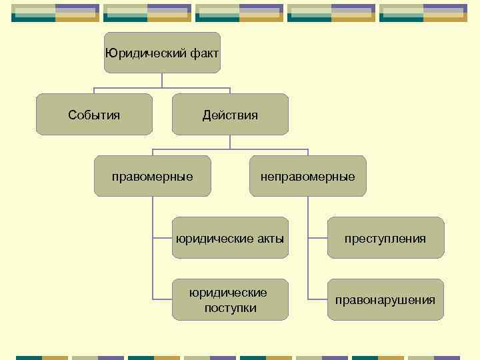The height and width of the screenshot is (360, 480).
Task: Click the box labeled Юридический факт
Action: [162, 53]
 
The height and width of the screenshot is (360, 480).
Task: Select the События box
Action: [94, 115]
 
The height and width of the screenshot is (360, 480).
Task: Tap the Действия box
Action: [230, 115]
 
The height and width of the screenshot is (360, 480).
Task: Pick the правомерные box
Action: [153, 176]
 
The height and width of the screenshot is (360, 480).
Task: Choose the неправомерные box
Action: [307, 176]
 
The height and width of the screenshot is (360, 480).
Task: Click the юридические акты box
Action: [230, 238]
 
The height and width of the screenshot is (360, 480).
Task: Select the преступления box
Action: [385, 238]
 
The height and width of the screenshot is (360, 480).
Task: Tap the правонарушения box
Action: [385, 299]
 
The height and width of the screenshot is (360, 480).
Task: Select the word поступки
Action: [230, 307]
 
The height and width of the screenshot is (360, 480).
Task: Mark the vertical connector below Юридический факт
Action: [162, 80]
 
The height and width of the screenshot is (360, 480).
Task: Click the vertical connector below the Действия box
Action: [230, 141]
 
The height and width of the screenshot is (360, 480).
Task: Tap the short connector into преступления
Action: [317, 238]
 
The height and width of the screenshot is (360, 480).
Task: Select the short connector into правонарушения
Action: [317, 299]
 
